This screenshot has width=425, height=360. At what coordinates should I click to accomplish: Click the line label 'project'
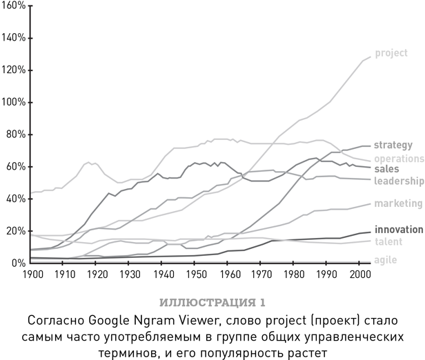pos(391,53)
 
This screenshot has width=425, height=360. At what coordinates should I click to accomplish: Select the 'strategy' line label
pos(393,145)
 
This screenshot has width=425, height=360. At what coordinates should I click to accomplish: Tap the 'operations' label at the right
pos(399,158)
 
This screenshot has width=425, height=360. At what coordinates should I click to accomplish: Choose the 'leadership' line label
pos(398,181)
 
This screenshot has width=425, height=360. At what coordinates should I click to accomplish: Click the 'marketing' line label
pos(397,203)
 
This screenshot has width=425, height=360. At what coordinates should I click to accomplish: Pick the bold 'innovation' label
pos(398,230)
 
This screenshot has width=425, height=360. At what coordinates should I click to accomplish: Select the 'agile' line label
pos(385,259)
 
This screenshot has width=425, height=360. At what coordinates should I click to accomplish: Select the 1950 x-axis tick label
pos(197,274)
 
